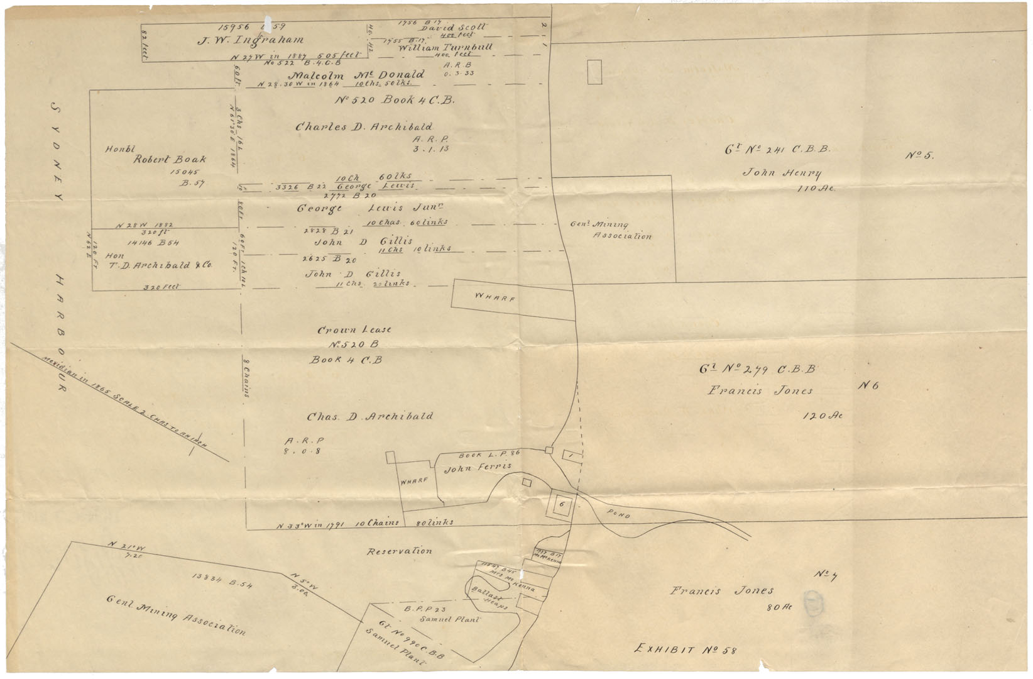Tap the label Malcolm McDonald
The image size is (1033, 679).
coord(359,74)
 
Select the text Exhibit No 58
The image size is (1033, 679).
coord(686,648)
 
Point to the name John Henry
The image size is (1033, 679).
coord(782,173)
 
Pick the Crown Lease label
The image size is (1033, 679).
coord(354,329)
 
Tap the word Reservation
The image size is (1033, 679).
coord(400,551)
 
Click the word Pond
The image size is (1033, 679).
coord(618,515)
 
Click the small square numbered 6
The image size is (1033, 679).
coord(562,504)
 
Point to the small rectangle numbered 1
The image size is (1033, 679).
coord(572,455)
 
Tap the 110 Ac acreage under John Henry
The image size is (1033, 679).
coord(816,188)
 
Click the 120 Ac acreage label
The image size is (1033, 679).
coord(823,416)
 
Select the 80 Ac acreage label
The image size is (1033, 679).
coord(780,607)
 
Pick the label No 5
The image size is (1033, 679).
coord(919,155)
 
